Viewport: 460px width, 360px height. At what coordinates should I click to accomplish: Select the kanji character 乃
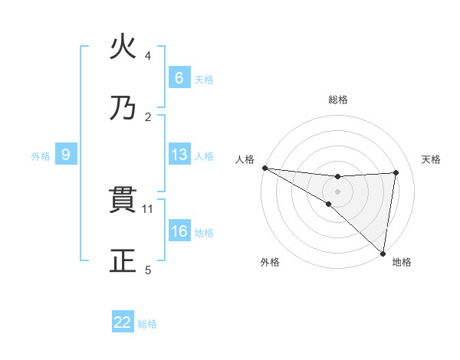123,108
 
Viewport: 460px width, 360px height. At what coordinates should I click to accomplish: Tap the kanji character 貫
123,200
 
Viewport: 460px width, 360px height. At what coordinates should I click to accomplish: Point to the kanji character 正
123,261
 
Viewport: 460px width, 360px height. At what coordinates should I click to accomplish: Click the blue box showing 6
179,77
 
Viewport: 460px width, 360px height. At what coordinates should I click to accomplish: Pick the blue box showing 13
179,155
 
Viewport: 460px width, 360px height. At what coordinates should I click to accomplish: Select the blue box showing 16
179,231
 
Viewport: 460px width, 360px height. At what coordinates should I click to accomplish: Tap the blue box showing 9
66,155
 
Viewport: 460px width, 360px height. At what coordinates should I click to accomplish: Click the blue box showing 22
123,322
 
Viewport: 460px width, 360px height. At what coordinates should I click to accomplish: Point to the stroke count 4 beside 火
148,55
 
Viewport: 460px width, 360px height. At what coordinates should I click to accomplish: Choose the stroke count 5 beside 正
148,270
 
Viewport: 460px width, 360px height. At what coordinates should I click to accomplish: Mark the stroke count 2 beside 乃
148,116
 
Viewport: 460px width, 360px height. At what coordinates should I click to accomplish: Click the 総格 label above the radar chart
338,100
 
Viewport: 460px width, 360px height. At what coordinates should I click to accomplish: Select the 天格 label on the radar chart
432,159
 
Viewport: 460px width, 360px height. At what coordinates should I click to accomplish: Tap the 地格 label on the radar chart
402,262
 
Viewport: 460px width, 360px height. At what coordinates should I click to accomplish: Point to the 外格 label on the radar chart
270,262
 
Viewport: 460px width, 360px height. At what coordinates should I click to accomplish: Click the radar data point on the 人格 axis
264,168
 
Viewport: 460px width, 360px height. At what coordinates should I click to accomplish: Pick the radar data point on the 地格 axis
383,252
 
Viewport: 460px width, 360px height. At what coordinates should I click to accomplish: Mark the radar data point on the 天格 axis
396,172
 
